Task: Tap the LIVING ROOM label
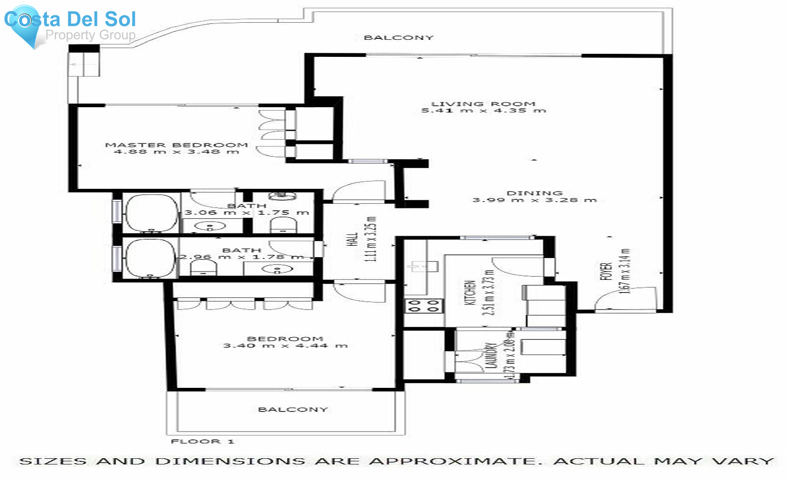pos(483,104)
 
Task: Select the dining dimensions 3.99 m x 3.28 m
pos(534,200)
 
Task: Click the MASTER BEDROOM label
pos(176,145)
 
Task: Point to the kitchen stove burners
pos(423,306)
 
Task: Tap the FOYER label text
pos(606,271)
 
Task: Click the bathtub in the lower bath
pos(151,258)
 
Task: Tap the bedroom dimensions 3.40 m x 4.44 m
pos(286,346)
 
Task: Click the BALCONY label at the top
pos(399,38)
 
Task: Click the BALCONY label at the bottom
pos(293,410)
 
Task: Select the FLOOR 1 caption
pos(203,442)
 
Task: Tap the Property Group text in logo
pos(90,35)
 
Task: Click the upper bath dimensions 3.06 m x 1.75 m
pos(247,213)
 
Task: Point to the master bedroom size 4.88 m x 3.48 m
pos(176,152)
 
